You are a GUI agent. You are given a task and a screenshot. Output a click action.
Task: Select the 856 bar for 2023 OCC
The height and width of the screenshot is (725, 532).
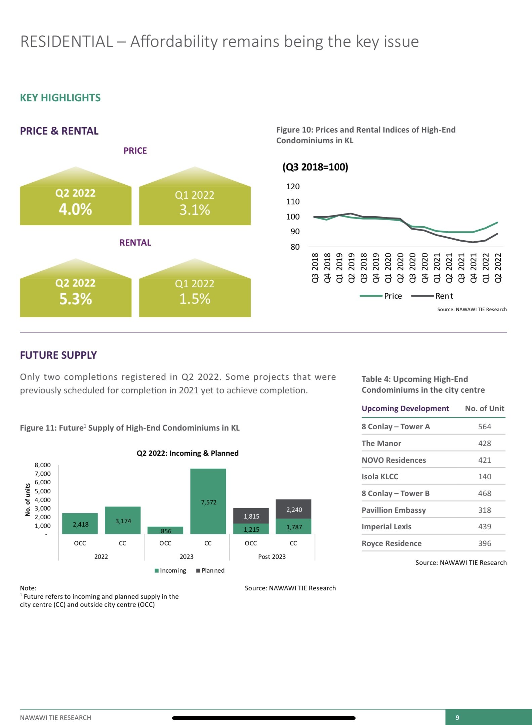[x=165, y=531]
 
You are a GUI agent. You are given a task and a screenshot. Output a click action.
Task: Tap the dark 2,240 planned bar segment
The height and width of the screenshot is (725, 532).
[x=293, y=509]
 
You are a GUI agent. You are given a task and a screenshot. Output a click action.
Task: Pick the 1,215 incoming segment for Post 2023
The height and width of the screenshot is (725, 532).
[x=251, y=529]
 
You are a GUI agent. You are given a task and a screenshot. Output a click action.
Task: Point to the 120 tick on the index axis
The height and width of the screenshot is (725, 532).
[x=293, y=187]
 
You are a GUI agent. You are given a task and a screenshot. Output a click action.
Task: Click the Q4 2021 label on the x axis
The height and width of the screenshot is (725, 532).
[x=473, y=268]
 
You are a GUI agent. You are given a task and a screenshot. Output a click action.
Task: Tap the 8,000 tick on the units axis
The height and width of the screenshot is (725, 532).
[x=43, y=465]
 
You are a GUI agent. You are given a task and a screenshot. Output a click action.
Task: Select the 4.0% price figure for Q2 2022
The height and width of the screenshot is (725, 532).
[x=76, y=209]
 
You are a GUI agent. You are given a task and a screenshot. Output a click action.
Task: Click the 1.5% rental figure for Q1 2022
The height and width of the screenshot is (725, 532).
[x=195, y=299]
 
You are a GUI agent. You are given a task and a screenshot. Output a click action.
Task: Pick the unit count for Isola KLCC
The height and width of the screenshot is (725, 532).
[x=484, y=477]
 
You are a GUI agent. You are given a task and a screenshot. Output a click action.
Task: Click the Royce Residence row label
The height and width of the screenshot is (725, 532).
[x=392, y=543]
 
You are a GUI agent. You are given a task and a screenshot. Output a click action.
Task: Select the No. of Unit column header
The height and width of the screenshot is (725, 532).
[x=484, y=408]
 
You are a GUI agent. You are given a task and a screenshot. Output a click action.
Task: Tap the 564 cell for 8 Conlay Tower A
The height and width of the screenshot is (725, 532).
[x=484, y=427]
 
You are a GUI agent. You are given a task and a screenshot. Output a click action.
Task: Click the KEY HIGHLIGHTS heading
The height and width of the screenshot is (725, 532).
[x=60, y=98]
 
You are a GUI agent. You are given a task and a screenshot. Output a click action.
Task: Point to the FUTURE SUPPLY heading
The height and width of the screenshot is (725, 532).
[x=58, y=355]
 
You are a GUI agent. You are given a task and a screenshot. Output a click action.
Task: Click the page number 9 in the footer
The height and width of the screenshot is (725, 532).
[x=457, y=718]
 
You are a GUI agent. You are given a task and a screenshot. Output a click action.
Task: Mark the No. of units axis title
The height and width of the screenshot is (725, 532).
[x=28, y=499]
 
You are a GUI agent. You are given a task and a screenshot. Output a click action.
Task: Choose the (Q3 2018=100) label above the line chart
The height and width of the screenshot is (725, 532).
[x=315, y=167]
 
